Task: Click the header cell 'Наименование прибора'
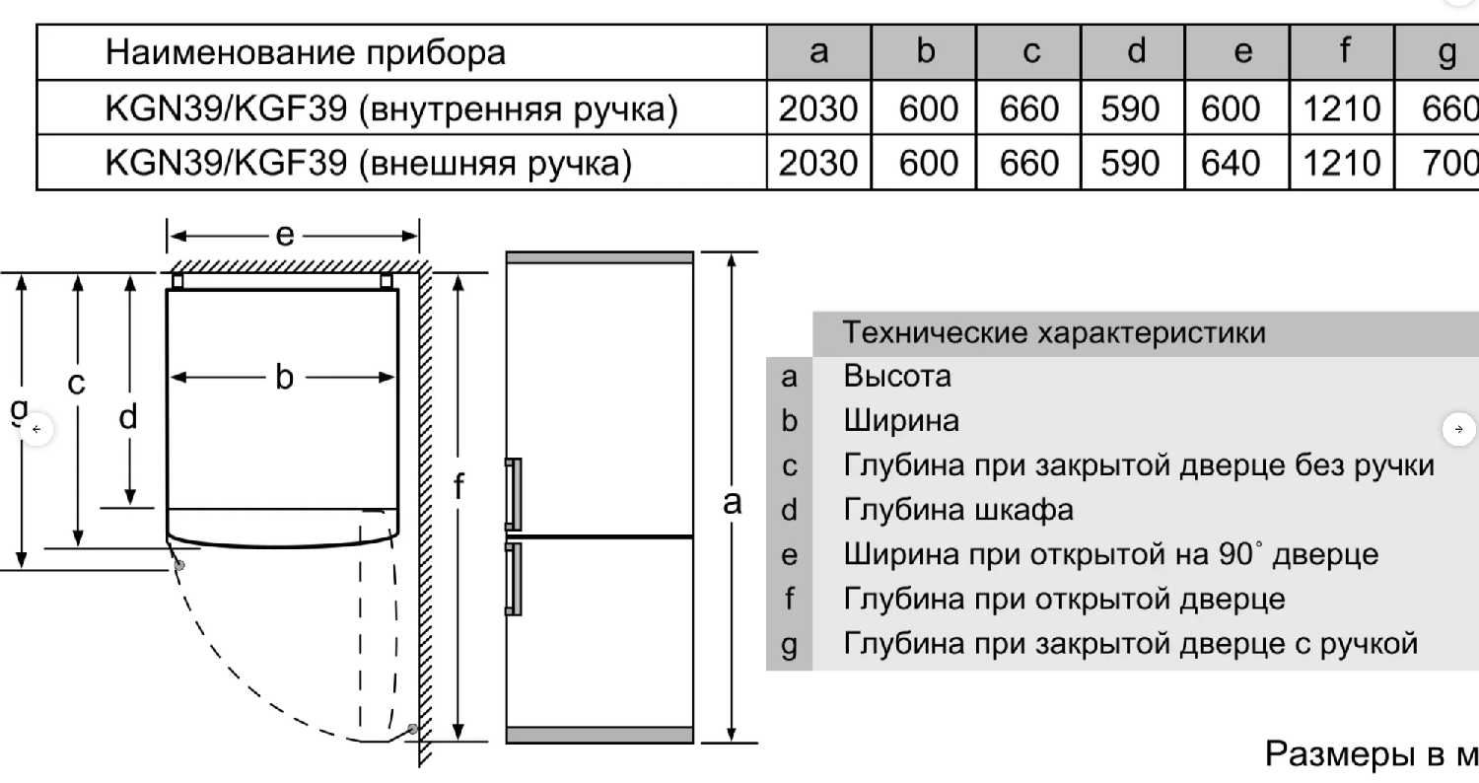[x=305, y=52]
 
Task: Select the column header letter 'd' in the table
[x=1136, y=52]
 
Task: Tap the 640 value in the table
[x=1231, y=163]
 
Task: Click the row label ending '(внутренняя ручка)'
[x=391, y=109]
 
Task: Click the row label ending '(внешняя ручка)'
[x=368, y=163]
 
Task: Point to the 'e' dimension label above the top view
[x=285, y=235]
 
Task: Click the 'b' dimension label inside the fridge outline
[x=284, y=377]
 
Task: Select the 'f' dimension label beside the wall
[x=458, y=485]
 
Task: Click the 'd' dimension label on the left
[x=128, y=417]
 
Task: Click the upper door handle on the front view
[x=513, y=494]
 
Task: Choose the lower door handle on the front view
[x=513, y=579]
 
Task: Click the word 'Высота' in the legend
[x=897, y=376]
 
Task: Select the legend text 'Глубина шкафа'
[x=958, y=510]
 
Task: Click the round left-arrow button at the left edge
[x=36, y=429]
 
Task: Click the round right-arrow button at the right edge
[x=1458, y=429]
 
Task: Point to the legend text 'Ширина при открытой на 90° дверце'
[x=1110, y=554]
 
